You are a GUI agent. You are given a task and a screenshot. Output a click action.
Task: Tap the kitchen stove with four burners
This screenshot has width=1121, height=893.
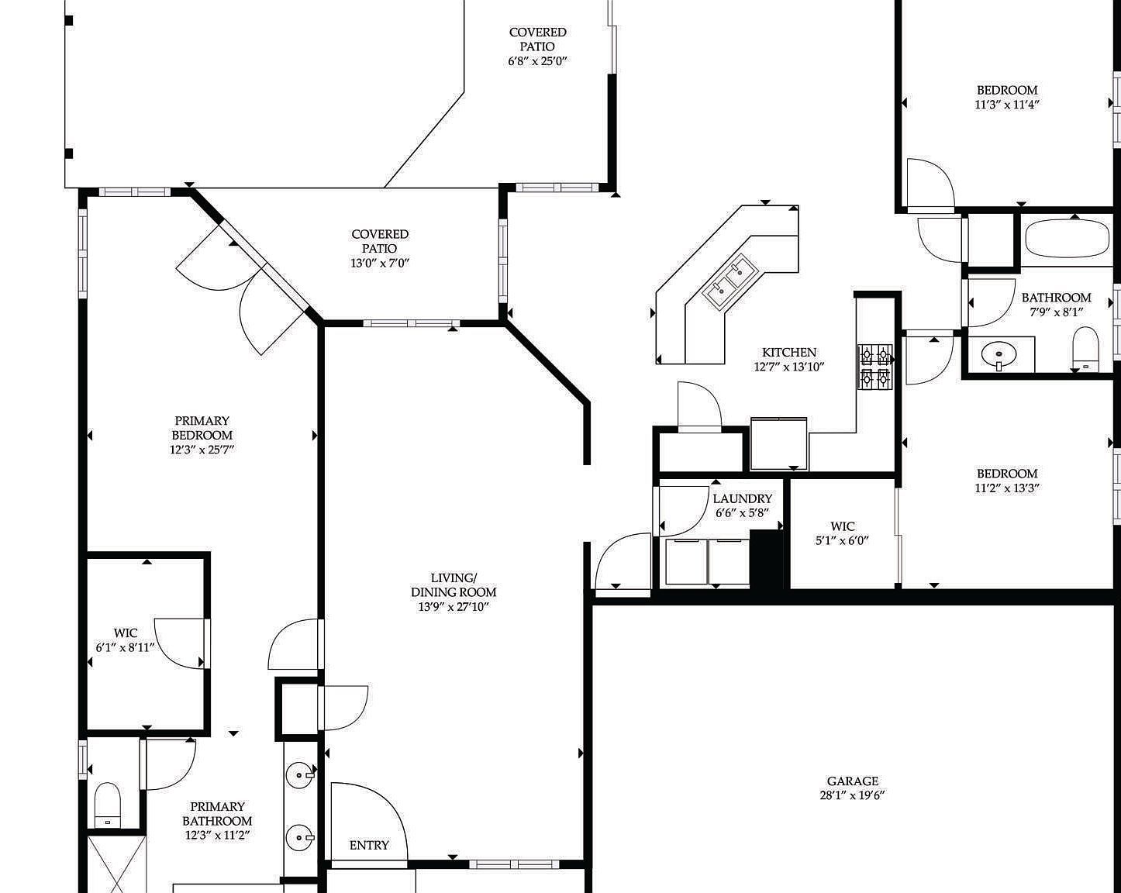click(875, 366)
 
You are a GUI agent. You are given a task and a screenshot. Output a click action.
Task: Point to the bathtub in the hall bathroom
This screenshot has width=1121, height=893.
click(1068, 238)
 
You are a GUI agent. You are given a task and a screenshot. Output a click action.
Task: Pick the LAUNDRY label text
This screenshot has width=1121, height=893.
click(743, 498)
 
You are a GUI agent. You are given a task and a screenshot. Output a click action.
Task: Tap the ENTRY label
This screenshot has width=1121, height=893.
click(369, 845)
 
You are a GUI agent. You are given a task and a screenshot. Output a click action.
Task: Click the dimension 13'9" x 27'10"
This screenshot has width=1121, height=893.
click(454, 606)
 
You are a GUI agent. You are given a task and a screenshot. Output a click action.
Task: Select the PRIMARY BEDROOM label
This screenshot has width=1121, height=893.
click(202, 428)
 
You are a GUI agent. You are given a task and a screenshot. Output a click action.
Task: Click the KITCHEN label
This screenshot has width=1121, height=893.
click(789, 352)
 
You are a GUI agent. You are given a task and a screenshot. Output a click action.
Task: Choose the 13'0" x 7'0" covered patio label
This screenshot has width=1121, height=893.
click(380, 249)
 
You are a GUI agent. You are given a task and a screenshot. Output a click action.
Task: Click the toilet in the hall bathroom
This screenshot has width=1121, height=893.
click(1085, 349)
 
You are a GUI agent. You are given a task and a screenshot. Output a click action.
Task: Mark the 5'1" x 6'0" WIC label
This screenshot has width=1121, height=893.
click(843, 533)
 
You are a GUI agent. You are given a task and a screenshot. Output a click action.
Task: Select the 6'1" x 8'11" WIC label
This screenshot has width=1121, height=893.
click(126, 640)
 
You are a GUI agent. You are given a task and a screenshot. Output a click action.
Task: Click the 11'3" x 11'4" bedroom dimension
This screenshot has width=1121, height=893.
click(1007, 104)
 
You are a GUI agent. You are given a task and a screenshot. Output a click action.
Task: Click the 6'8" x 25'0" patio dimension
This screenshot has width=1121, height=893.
click(537, 61)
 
